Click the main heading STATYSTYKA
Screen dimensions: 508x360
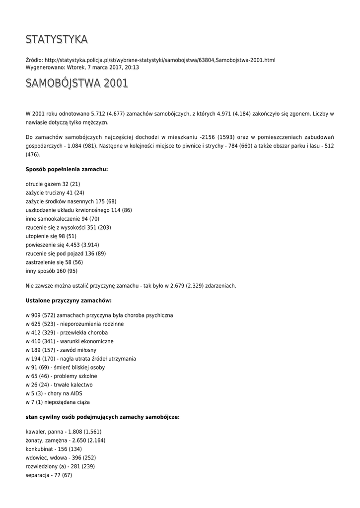(x=57, y=39)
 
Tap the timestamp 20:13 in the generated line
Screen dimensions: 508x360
(x=132, y=67)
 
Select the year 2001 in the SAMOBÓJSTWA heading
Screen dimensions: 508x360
(x=116, y=83)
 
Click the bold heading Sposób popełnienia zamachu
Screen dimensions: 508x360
(x=67, y=169)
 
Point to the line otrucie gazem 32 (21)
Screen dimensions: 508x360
(x=53, y=184)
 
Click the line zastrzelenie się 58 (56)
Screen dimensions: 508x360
(x=54, y=262)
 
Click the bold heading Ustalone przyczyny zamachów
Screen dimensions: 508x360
(x=69, y=301)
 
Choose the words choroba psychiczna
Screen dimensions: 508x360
(x=149, y=316)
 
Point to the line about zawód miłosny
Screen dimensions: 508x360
(x=61, y=350)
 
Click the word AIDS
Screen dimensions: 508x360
(x=76, y=393)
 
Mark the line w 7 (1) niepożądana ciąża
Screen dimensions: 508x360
(x=58, y=402)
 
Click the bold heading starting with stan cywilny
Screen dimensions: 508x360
(x=102, y=417)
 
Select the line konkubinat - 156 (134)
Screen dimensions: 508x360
(x=54, y=449)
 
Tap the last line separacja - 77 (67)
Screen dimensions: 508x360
(x=49, y=475)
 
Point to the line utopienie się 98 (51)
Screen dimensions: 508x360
(x=51, y=236)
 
